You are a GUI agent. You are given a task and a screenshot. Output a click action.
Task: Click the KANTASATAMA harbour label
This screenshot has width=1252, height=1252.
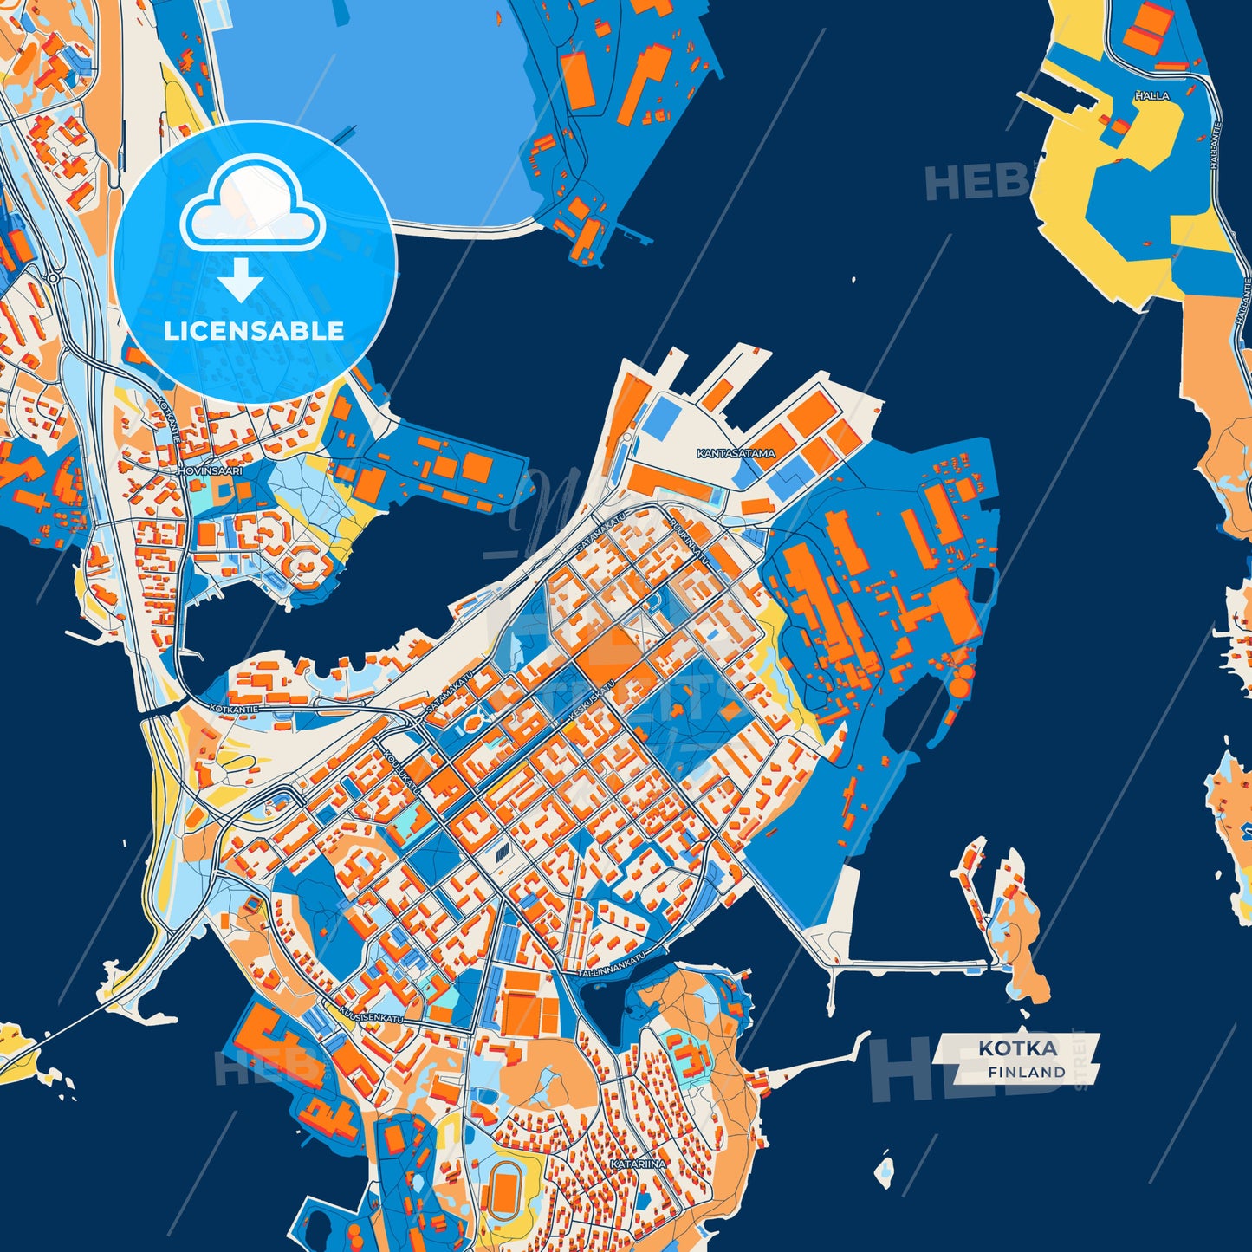point(736,453)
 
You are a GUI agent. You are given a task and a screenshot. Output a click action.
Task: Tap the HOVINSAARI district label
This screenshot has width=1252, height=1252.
point(210,470)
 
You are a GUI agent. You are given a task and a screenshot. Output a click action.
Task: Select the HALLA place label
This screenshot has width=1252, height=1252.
point(1151,96)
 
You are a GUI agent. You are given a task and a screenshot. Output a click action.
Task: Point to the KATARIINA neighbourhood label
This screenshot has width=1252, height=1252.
point(638,1164)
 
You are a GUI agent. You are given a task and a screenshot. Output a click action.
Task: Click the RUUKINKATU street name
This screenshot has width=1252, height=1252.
point(688,542)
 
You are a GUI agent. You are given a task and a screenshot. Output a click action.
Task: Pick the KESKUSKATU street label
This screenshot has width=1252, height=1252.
point(592,701)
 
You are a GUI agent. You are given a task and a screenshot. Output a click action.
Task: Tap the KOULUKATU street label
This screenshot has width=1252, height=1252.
point(402,773)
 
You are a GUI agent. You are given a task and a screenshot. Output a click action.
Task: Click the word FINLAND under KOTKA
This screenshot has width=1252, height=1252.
point(1026,1072)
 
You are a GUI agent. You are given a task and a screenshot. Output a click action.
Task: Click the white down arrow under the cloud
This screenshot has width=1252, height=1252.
point(241,282)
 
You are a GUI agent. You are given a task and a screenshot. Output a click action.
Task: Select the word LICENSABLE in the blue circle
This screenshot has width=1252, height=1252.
point(254,331)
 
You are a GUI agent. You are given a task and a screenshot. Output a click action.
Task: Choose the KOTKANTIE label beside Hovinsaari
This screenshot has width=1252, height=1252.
point(167,419)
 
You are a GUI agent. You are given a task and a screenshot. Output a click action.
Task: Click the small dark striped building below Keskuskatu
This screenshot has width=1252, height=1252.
point(503,853)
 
